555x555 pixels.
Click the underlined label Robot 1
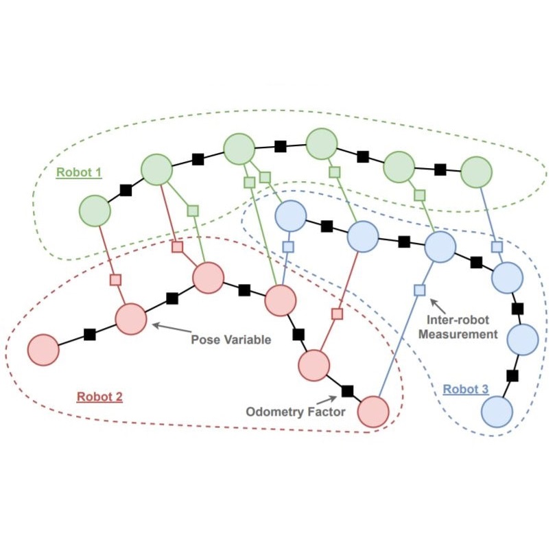coord(79,172)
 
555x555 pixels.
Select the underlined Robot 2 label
coord(99,397)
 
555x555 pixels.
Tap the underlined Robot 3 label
coord(465,390)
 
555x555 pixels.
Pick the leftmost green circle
coord(95,211)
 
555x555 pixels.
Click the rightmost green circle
coord(477,172)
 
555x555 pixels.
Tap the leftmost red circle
coord(43,351)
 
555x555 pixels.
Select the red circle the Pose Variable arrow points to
coord(131,320)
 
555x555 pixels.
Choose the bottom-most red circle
coord(374,412)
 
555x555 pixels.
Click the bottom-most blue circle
coord(497,412)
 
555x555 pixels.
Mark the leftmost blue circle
coord(291,216)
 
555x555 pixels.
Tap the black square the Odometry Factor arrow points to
coord(347,391)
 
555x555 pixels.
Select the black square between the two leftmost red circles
coord(89,334)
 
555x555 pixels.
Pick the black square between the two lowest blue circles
coord(512,376)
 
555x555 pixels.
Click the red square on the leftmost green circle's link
coord(115,279)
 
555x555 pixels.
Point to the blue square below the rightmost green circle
coord(497,246)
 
